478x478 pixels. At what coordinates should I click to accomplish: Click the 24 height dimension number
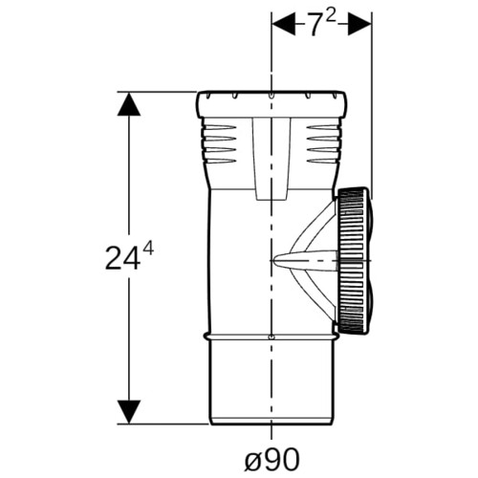[x=122, y=258]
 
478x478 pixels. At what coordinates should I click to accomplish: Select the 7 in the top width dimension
[x=314, y=25]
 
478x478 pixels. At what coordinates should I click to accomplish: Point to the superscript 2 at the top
[x=331, y=15]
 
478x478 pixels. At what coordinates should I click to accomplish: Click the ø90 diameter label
[x=272, y=460]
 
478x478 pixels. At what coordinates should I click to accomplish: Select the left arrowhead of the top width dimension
[x=283, y=24]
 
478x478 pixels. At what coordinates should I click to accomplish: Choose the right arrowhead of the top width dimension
[x=359, y=24]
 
